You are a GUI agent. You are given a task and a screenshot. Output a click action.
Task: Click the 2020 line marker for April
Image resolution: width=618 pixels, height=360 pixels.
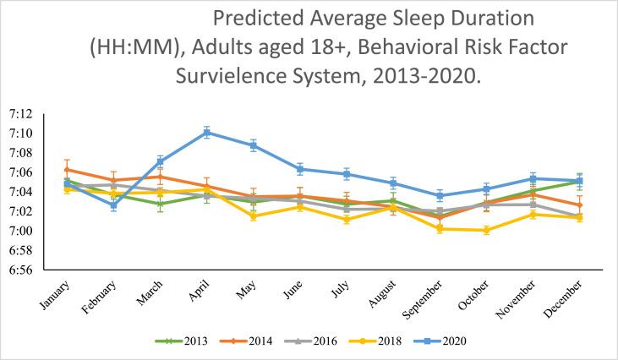point(206,132)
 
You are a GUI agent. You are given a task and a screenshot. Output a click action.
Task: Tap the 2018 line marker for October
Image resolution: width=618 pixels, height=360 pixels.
point(485,230)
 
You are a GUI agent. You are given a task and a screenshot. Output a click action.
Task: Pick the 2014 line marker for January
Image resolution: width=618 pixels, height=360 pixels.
point(67,169)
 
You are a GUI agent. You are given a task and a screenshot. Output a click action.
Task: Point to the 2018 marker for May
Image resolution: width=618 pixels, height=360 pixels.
point(253,216)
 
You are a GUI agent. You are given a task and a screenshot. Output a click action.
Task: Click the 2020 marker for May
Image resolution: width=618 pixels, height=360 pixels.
point(253,145)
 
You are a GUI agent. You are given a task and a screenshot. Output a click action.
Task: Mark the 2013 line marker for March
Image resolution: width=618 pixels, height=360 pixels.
point(160,204)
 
